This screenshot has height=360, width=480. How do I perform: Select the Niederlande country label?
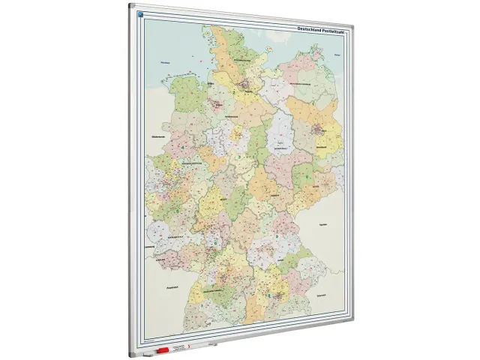(157, 137)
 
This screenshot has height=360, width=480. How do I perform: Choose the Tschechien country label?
(322, 224)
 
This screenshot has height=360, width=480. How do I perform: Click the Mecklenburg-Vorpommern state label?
(300, 85)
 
